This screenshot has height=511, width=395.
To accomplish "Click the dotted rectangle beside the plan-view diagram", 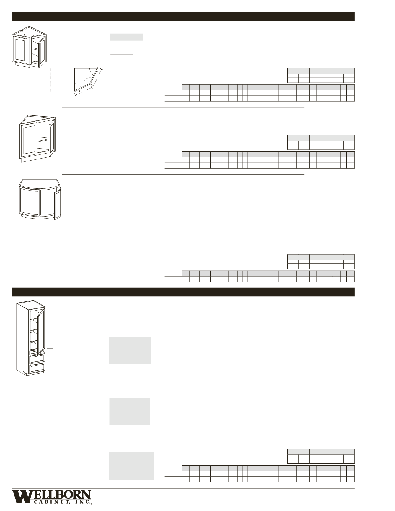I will pyautogui.click(x=62, y=80).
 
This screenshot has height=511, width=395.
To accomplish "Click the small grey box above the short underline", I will pyautogui.click(x=126, y=37).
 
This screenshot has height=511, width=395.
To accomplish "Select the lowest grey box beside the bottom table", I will pyautogui.click(x=131, y=466).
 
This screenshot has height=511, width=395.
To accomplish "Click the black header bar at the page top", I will pyautogui.click(x=183, y=16).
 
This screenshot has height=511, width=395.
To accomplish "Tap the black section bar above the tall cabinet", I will pyautogui.click(x=183, y=292).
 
